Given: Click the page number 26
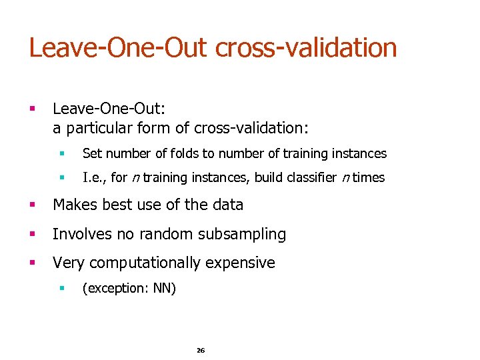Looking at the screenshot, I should coord(201,350).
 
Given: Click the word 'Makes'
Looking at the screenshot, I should coord(73,205).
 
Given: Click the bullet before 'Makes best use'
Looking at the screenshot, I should coord(32,205).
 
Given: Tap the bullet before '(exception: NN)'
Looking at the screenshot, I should coord(61,289).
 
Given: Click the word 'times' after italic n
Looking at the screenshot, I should coord(369,178).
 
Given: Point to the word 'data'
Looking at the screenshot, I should coord(227,205).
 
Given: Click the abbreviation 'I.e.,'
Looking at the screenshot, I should coord(95,178).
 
